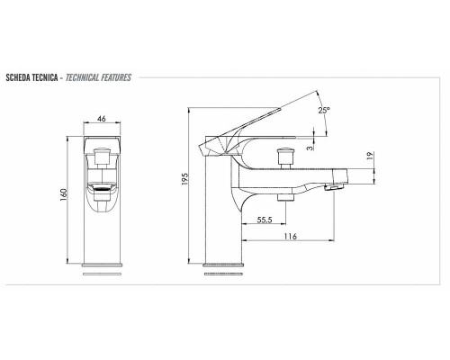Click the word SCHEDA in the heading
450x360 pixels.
pos(20,78)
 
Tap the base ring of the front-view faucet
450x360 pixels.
pos(102,267)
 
